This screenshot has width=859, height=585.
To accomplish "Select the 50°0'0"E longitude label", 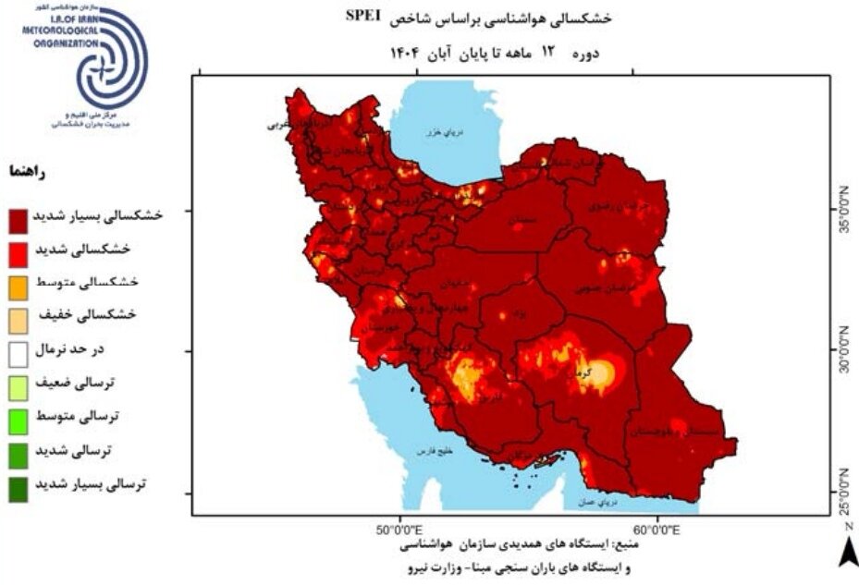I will click(398, 531).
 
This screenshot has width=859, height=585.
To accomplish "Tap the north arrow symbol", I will click(847, 551).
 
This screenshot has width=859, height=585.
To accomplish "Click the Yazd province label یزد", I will click(520, 315).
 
